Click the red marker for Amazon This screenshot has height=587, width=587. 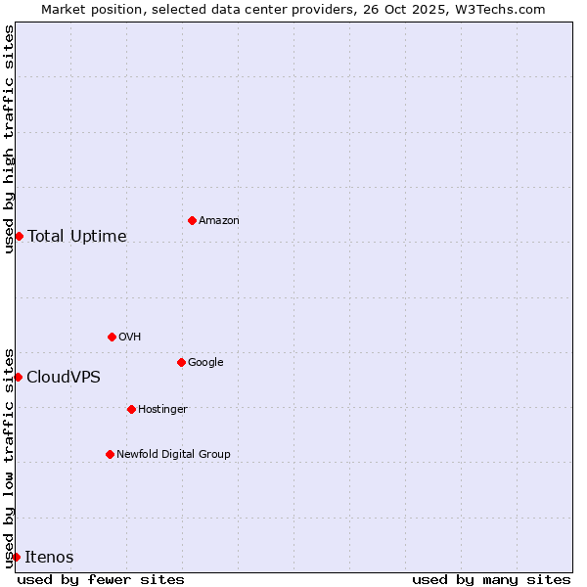click(192, 220)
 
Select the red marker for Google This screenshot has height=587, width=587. click(181, 362)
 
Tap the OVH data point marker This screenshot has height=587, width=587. click(112, 337)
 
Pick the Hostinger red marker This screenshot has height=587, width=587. click(131, 409)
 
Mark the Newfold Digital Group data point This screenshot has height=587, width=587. click(110, 454)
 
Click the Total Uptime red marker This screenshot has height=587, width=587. click(19, 236)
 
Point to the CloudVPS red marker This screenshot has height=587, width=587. click(18, 377)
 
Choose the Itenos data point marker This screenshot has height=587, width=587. click(16, 557)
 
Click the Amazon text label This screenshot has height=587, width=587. click(219, 221)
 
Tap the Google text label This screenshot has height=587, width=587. click(205, 363)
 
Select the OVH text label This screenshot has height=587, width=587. click(130, 338)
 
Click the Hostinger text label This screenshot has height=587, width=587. click(162, 410)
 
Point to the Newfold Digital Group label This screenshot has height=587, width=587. click(173, 455)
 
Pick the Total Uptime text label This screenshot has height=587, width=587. click(77, 237)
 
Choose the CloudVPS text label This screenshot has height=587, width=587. click(64, 378)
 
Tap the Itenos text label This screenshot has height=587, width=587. click(49, 558)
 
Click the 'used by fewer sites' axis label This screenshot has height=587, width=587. click(101, 580)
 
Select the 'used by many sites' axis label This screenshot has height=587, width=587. click(491, 580)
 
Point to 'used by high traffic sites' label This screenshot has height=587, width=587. click(9, 139)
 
